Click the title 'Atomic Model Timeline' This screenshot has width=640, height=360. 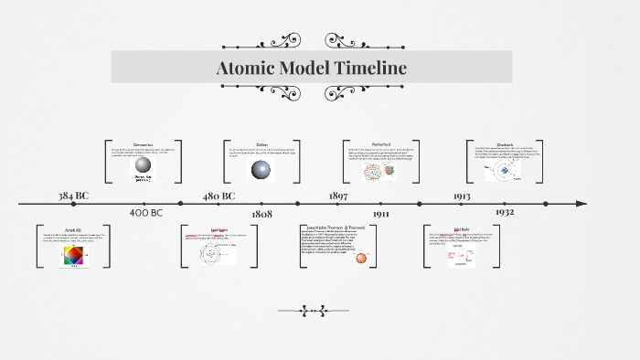[312, 69]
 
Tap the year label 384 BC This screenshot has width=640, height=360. [74, 196]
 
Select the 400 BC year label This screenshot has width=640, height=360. [145, 213]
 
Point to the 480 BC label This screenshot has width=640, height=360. [219, 196]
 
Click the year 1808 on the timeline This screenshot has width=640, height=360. [261, 213]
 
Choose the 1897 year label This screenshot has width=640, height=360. [338, 196]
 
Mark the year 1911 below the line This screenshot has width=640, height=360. [381, 213]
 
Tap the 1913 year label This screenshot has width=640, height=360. [462, 196]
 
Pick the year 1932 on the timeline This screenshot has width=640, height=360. [505, 212]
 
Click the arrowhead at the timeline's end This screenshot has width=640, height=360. [581, 203]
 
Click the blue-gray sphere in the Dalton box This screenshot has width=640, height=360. [261, 169]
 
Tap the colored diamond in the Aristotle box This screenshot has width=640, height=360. [72, 258]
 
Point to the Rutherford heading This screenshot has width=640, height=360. [381, 144]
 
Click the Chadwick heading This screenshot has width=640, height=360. [506, 144]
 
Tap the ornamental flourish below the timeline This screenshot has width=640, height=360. [313, 311]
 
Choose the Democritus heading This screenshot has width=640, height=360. [143, 144]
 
